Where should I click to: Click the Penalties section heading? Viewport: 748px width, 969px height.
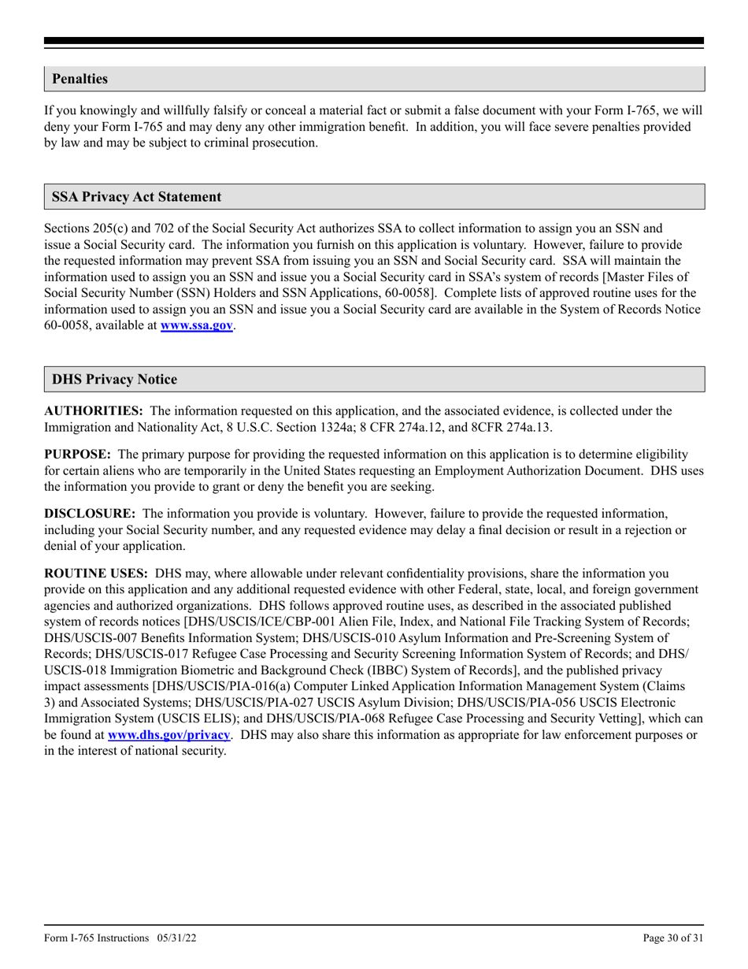pos(80,79)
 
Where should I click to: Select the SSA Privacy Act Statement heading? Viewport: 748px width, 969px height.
pos(136,197)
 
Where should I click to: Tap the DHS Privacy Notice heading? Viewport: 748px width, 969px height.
pos(114,380)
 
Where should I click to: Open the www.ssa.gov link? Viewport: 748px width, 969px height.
pos(196,325)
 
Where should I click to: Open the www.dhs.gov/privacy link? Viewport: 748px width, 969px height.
pos(168,735)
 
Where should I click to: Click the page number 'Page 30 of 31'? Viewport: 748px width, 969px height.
pos(673,937)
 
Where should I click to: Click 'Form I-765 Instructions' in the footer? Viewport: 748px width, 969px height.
pos(96,937)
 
